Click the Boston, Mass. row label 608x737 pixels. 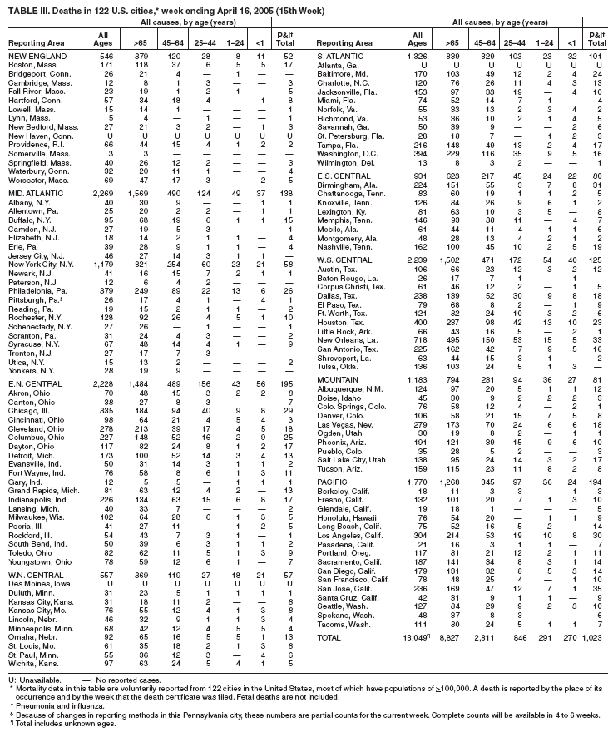(32, 64)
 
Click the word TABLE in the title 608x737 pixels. (22, 8)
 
